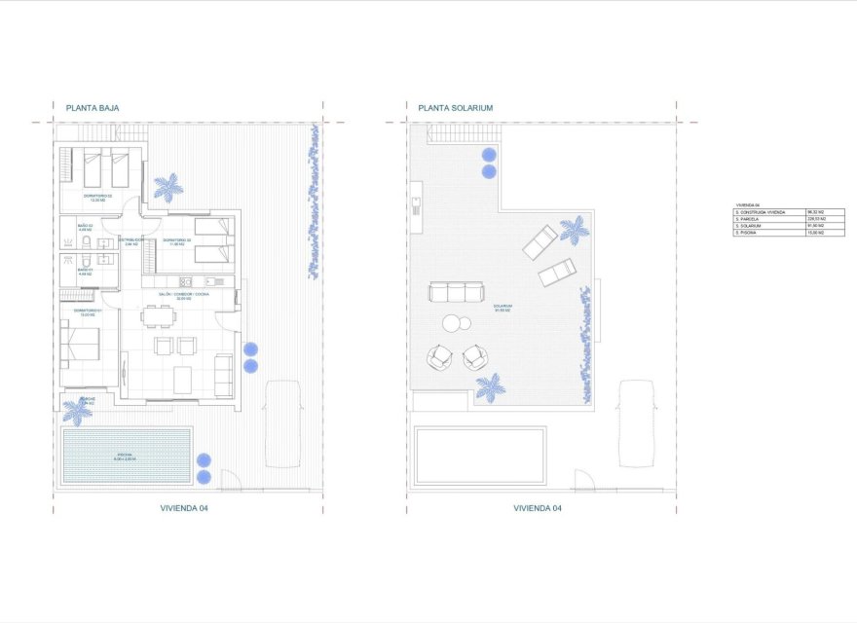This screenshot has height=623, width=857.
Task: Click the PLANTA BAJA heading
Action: [92, 108]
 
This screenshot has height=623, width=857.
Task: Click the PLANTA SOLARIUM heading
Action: [455, 108]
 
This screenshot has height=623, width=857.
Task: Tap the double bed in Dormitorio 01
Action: [80, 343]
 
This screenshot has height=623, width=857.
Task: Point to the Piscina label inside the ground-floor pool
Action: [125, 456]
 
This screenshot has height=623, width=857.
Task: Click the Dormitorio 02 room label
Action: [98, 198]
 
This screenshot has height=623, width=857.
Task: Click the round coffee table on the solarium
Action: [454, 323]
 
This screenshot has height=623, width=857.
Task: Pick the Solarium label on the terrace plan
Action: [503, 308]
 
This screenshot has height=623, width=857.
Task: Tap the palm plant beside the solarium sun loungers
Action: [574, 231]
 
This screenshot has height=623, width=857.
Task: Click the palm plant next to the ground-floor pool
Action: [77, 410]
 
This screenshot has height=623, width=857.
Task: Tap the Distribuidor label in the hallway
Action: [132, 240]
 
